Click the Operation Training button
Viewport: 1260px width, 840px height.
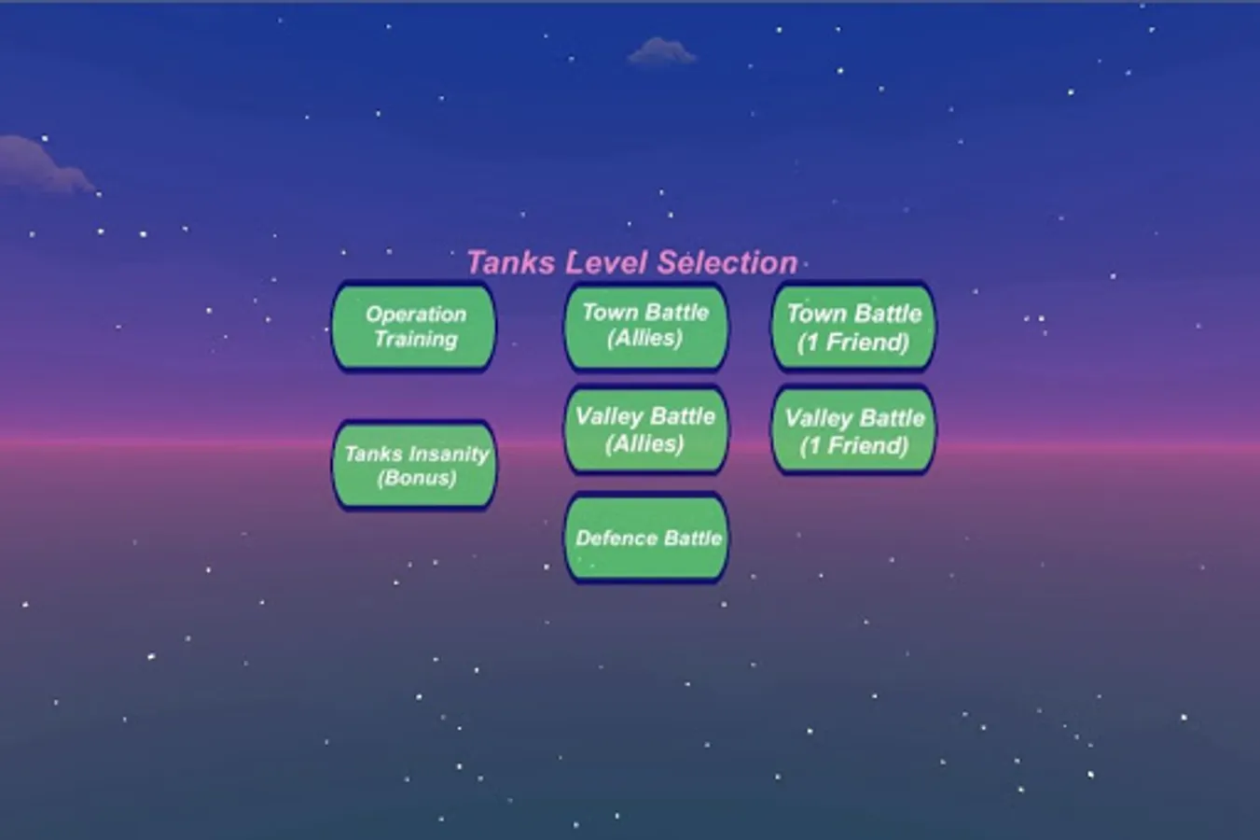click(414, 327)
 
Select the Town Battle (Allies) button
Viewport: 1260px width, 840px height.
click(645, 327)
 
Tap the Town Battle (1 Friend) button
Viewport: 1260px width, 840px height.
click(854, 327)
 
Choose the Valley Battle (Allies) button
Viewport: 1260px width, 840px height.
click(645, 430)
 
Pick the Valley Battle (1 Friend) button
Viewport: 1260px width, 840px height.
click(854, 431)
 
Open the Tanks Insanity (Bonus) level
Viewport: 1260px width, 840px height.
click(415, 466)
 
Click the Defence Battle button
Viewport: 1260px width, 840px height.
click(646, 538)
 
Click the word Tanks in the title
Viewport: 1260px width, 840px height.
click(511, 263)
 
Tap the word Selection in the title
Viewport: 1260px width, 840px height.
click(727, 263)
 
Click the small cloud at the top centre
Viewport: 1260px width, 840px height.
click(661, 50)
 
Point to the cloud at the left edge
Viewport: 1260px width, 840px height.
click(45, 164)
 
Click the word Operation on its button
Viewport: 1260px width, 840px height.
click(416, 315)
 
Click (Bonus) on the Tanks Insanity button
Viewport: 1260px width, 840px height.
click(417, 479)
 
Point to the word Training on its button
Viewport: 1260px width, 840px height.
click(416, 340)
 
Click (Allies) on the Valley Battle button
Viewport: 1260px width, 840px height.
click(644, 444)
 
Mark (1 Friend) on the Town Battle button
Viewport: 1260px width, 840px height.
click(853, 343)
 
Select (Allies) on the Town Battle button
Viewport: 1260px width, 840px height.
click(644, 339)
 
